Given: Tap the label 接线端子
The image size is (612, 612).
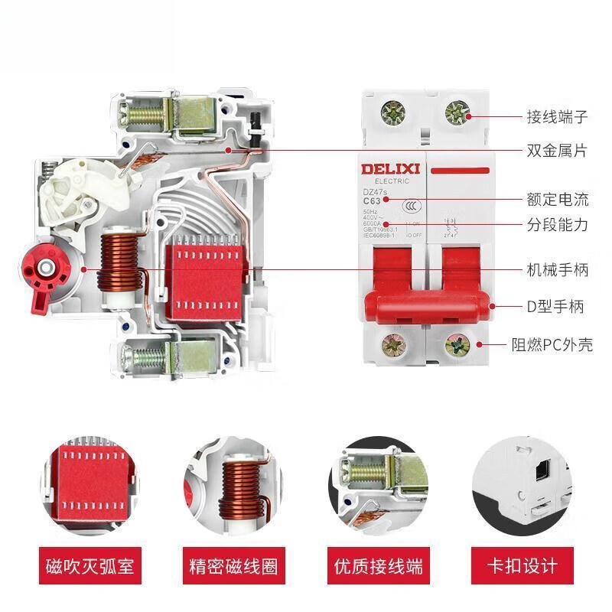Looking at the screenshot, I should [557, 117].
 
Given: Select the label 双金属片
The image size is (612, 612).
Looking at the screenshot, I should [557, 151].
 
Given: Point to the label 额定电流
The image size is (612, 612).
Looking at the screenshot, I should [557, 200].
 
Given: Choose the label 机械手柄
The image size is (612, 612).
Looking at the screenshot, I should [557, 270].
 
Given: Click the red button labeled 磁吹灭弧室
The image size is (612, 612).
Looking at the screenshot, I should [90, 567].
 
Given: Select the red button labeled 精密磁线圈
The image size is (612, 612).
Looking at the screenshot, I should [233, 567].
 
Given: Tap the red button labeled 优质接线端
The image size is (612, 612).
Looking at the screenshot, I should [378, 567].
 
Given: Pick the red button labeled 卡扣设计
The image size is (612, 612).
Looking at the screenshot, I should [522, 567].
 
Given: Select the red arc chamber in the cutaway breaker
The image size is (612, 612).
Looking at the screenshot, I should [205, 275].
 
